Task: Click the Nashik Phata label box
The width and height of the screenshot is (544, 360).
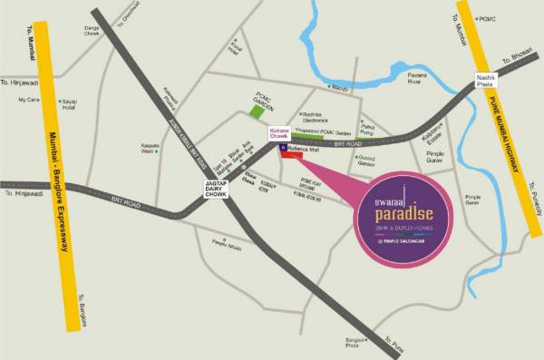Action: [489, 83]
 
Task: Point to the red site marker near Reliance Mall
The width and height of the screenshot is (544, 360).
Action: [292, 155]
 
